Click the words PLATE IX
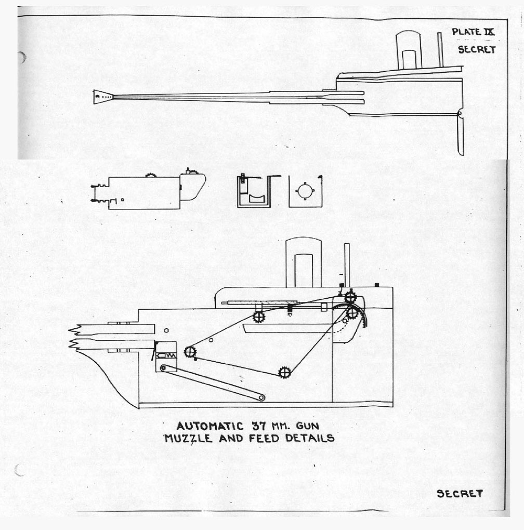[x=473, y=32]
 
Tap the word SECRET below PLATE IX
[x=477, y=50]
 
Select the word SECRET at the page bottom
[x=460, y=494]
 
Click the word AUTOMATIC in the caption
[x=210, y=426]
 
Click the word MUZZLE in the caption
[x=188, y=439]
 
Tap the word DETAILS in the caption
[x=310, y=438]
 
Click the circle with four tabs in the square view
[x=305, y=191]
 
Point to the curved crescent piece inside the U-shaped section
[x=257, y=198]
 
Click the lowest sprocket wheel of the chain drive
[x=285, y=373]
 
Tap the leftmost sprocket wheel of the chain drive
[x=190, y=352]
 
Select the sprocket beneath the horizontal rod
[x=258, y=317]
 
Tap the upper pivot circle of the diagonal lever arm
[x=164, y=367]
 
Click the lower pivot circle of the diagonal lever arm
[x=261, y=398]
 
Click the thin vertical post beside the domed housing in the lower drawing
[x=347, y=266]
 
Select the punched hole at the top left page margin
[x=21, y=58]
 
